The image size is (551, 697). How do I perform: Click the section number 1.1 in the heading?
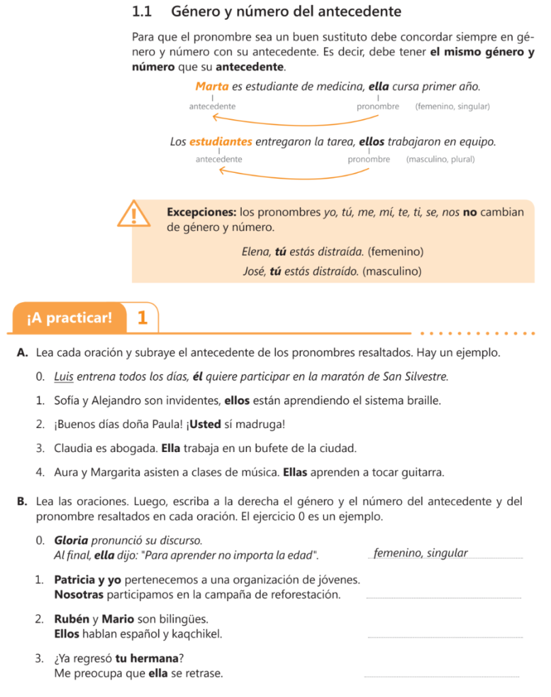pyautogui.click(x=141, y=12)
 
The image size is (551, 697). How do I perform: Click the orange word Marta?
pyautogui.click(x=212, y=86)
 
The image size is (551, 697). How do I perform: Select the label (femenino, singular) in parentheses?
pyautogui.click(x=452, y=107)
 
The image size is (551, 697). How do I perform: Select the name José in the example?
pyautogui.click(x=255, y=271)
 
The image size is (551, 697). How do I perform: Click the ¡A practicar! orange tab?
pyautogui.click(x=69, y=318)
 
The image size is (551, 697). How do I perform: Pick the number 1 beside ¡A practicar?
pyautogui.click(x=142, y=318)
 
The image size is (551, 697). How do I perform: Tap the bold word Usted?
pyautogui.click(x=205, y=425)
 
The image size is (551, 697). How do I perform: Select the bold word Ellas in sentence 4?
pyautogui.click(x=298, y=472)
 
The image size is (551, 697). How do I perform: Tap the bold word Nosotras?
pyautogui.click(x=79, y=595)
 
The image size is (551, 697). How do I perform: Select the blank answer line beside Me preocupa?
pyautogui.click(x=443, y=676)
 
